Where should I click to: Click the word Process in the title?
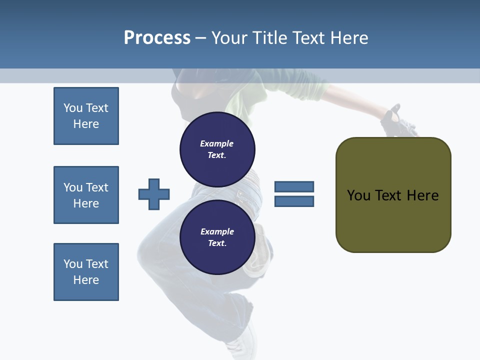(157, 38)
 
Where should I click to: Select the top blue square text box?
(86, 116)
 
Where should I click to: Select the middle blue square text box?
(86, 195)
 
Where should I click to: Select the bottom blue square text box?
(86, 272)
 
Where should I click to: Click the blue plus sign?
(154, 194)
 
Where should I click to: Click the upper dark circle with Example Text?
(217, 149)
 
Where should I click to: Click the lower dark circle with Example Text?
(217, 237)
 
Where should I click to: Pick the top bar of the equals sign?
(294, 186)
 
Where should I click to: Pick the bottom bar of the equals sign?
(294, 201)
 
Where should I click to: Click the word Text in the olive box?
(390, 195)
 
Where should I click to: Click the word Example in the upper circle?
(217, 143)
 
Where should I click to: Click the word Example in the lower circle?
(217, 231)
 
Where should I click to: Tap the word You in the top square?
(72, 108)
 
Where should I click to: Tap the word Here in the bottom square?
(86, 280)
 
